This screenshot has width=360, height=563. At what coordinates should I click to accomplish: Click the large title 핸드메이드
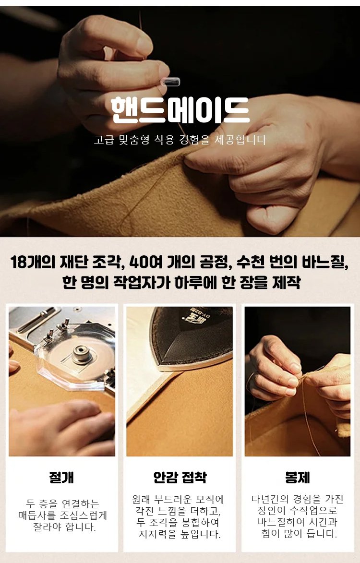point(180,109)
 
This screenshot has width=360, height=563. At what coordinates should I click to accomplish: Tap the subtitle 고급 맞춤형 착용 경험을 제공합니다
point(180,139)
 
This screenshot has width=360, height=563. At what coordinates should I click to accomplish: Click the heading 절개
point(62,478)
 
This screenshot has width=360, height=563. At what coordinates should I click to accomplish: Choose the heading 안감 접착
point(180,477)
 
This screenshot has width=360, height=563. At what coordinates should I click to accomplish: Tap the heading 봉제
point(298,477)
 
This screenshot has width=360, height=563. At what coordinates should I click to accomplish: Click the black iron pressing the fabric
point(192,337)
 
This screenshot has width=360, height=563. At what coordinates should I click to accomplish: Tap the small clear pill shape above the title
point(170,82)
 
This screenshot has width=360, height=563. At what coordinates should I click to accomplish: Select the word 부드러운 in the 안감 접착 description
point(174,499)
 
